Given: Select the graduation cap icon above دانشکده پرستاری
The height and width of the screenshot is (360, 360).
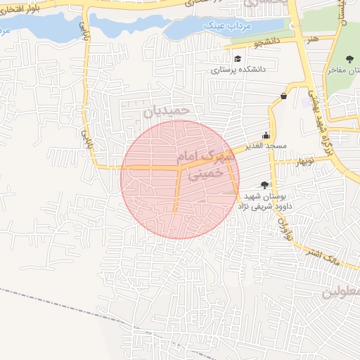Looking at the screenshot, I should click(238, 58).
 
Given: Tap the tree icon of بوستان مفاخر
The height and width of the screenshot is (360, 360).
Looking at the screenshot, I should click(349, 59).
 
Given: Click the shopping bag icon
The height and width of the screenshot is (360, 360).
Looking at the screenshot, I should click(283, 96).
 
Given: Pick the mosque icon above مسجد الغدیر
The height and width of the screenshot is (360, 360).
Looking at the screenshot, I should click(266, 136).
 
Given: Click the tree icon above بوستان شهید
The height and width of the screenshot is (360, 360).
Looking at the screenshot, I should click(264, 184).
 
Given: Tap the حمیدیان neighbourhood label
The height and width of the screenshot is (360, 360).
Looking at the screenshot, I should click(167, 110).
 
